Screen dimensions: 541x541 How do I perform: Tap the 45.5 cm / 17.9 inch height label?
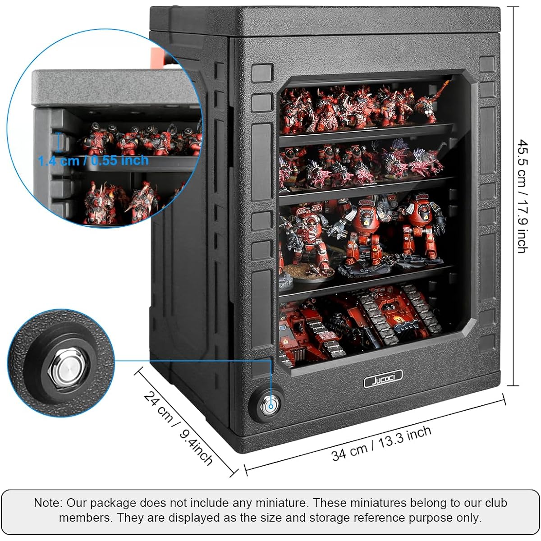point(523,196)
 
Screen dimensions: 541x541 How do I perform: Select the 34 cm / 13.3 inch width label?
point(381,444)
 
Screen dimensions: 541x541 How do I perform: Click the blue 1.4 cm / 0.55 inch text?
point(93,160)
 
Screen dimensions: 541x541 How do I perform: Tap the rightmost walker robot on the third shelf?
point(421,227)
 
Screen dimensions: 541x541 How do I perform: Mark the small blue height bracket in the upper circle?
point(59,142)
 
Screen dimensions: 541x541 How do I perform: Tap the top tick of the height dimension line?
point(513,7)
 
